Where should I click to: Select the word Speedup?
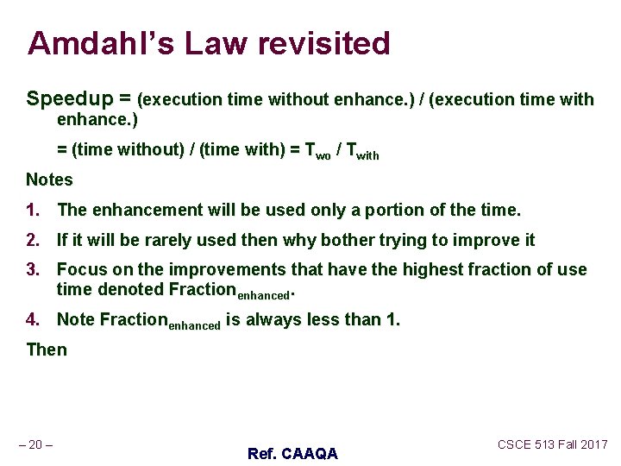click(65, 99)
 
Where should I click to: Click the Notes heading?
click(49, 179)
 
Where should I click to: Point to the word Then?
click(46, 349)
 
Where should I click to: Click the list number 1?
click(33, 210)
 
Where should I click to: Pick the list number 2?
click(33, 240)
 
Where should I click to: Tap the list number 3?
click(33, 270)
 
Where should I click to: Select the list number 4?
click(33, 319)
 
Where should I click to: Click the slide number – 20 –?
click(35, 444)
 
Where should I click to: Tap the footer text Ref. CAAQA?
click(292, 453)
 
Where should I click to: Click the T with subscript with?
click(361, 151)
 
